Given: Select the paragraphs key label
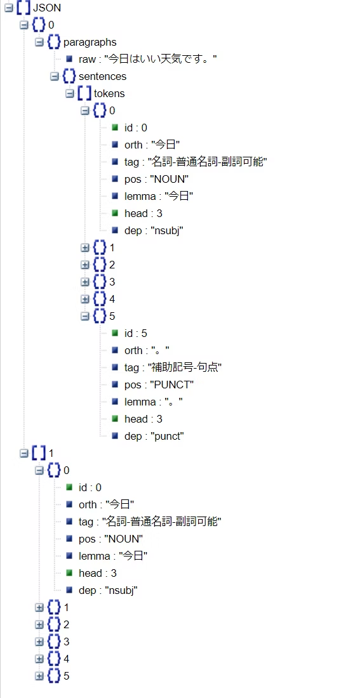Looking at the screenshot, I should [x=90, y=42].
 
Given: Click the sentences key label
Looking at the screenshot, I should [x=102, y=76].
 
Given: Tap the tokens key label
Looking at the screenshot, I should [x=109, y=93].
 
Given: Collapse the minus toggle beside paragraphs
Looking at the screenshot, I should [x=39, y=42].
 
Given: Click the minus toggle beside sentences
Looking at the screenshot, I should [x=55, y=76].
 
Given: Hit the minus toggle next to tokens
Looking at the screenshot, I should [x=70, y=93].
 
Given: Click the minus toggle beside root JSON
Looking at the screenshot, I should [x=9, y=8].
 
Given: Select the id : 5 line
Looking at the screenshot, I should [x=135, y=333].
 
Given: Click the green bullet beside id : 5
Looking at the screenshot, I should [x=115, y=333].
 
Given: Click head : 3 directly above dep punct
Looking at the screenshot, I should [x=143, y=419].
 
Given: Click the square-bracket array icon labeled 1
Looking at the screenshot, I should [x=38, y=453].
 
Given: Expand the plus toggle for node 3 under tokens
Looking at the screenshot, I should [x=85, y=282].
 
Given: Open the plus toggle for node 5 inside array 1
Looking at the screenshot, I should [x=39, y=676].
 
